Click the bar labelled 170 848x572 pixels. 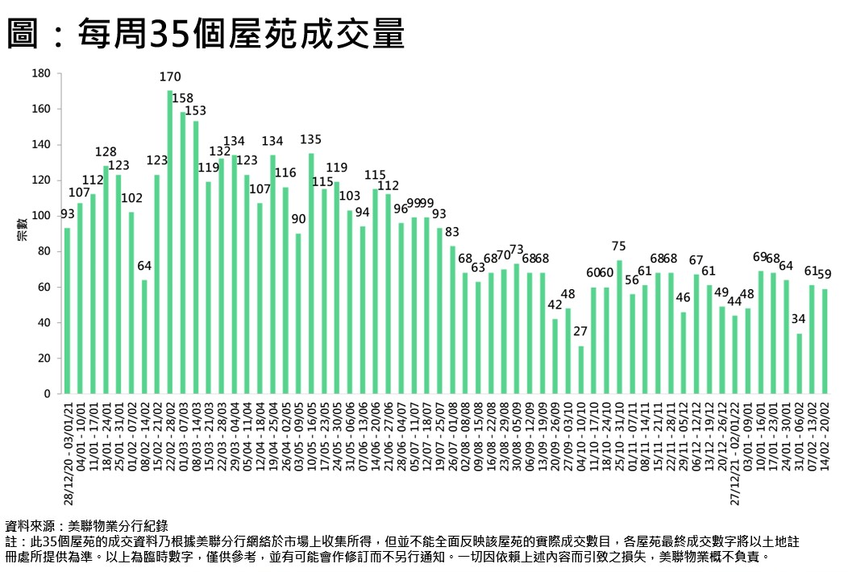(170, 242)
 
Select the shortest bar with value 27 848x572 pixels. (580, 370)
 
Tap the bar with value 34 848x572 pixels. (799, 363)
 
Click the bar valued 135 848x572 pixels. (311, 273)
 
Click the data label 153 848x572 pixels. (197, 110)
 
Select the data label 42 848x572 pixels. (555, 305)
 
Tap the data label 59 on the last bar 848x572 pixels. (825, 275)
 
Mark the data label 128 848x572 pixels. (106, 151)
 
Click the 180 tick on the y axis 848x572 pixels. (42, 74)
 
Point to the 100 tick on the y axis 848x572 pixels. (42, 216)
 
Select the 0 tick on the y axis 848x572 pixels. (48, 394)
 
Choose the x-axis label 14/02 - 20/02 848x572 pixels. (825, 440)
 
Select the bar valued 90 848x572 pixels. (298, 313)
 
